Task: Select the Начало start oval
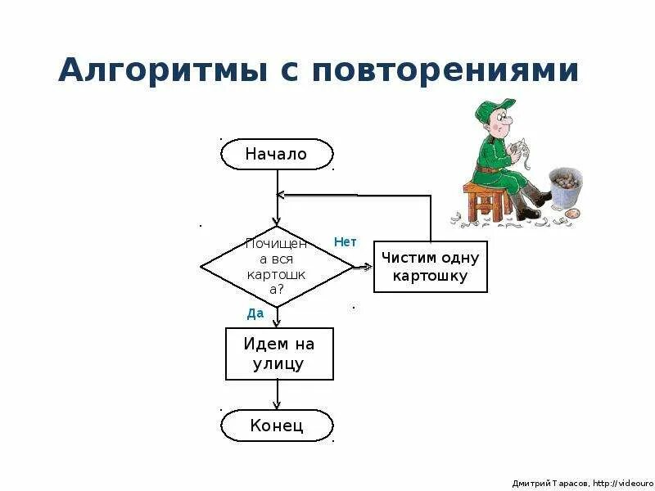click(277, 154)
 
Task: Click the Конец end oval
click(277, 426)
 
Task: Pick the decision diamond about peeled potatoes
click(277, 266)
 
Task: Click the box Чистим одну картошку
click(430, 267)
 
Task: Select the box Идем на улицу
click(278, 354)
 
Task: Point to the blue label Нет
click(346, 242)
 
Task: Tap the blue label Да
click(255, 313)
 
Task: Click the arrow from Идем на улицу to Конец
click(278, 395)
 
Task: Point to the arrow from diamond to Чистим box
click(363, 267)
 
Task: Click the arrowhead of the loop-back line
click(281, 195)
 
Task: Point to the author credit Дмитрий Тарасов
click(544, 483)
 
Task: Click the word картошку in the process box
click(430, 276)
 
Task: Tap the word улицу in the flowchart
click(279, 364)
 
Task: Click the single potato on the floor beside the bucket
click(573, 214)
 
